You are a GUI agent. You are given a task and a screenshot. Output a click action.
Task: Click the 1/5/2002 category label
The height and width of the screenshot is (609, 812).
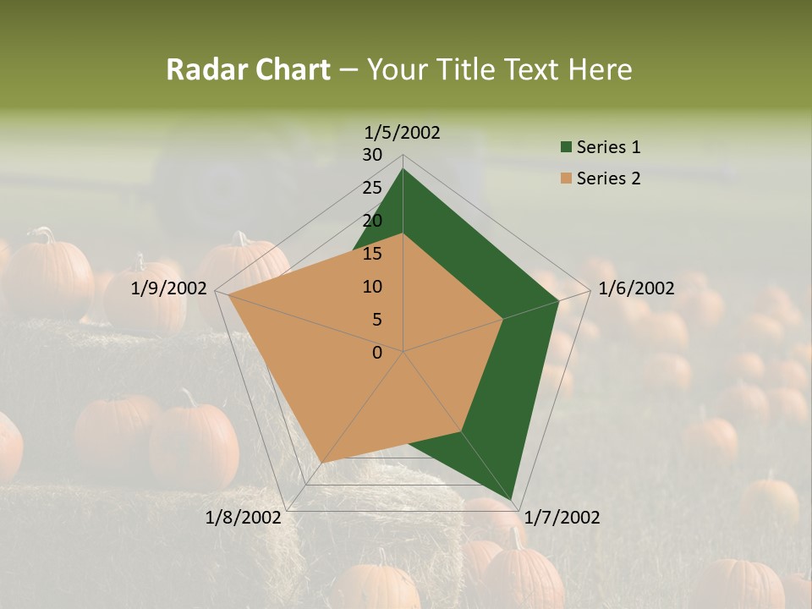[x=402, y=132]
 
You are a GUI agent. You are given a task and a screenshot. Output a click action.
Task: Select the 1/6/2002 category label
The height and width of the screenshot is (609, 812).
[x=636, y=288]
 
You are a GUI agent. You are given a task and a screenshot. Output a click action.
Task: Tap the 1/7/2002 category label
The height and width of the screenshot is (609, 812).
[x=562, y=518]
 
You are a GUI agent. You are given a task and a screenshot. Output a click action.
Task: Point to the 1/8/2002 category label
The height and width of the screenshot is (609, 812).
[x=243, y=518]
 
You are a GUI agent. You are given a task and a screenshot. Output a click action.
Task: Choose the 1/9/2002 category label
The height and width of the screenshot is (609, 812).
[x=168, y=288]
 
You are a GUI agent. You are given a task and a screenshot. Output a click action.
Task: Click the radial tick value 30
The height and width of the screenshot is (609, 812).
[x=372, y=155]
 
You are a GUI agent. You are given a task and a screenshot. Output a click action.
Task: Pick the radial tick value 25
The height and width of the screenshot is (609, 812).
[x=372, y=188]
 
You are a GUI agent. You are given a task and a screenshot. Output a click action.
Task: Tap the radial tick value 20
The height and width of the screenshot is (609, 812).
[x=372, y=221]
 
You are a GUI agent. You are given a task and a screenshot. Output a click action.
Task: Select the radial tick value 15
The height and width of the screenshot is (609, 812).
[x=372, y=254]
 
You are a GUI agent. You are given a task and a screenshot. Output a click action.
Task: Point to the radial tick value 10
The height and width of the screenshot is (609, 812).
[x=372, y=287]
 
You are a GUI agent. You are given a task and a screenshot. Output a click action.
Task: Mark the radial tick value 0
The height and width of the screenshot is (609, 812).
[x=377, y=353]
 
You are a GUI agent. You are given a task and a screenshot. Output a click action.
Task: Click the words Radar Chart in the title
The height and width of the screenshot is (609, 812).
[x=248, y=69]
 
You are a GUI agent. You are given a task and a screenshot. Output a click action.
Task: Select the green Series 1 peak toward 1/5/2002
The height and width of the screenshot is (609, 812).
[x=403, y=169]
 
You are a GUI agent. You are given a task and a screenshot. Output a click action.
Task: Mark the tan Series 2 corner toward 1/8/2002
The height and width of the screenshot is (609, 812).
[x=322, y=462]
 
